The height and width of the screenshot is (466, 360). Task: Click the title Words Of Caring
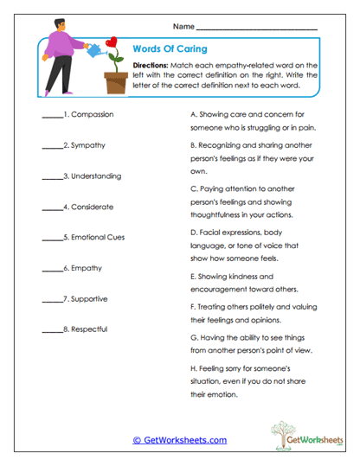click(170, 49)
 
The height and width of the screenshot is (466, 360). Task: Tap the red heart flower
click(110, 44)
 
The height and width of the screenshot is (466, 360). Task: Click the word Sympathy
click(89, 145)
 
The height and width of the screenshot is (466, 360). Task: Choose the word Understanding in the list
click(97, 176)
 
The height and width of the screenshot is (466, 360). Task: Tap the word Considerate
click(93, 207)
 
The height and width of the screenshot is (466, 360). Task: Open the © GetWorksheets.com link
click(179, 440)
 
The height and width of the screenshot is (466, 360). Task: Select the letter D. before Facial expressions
click(192, 233)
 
